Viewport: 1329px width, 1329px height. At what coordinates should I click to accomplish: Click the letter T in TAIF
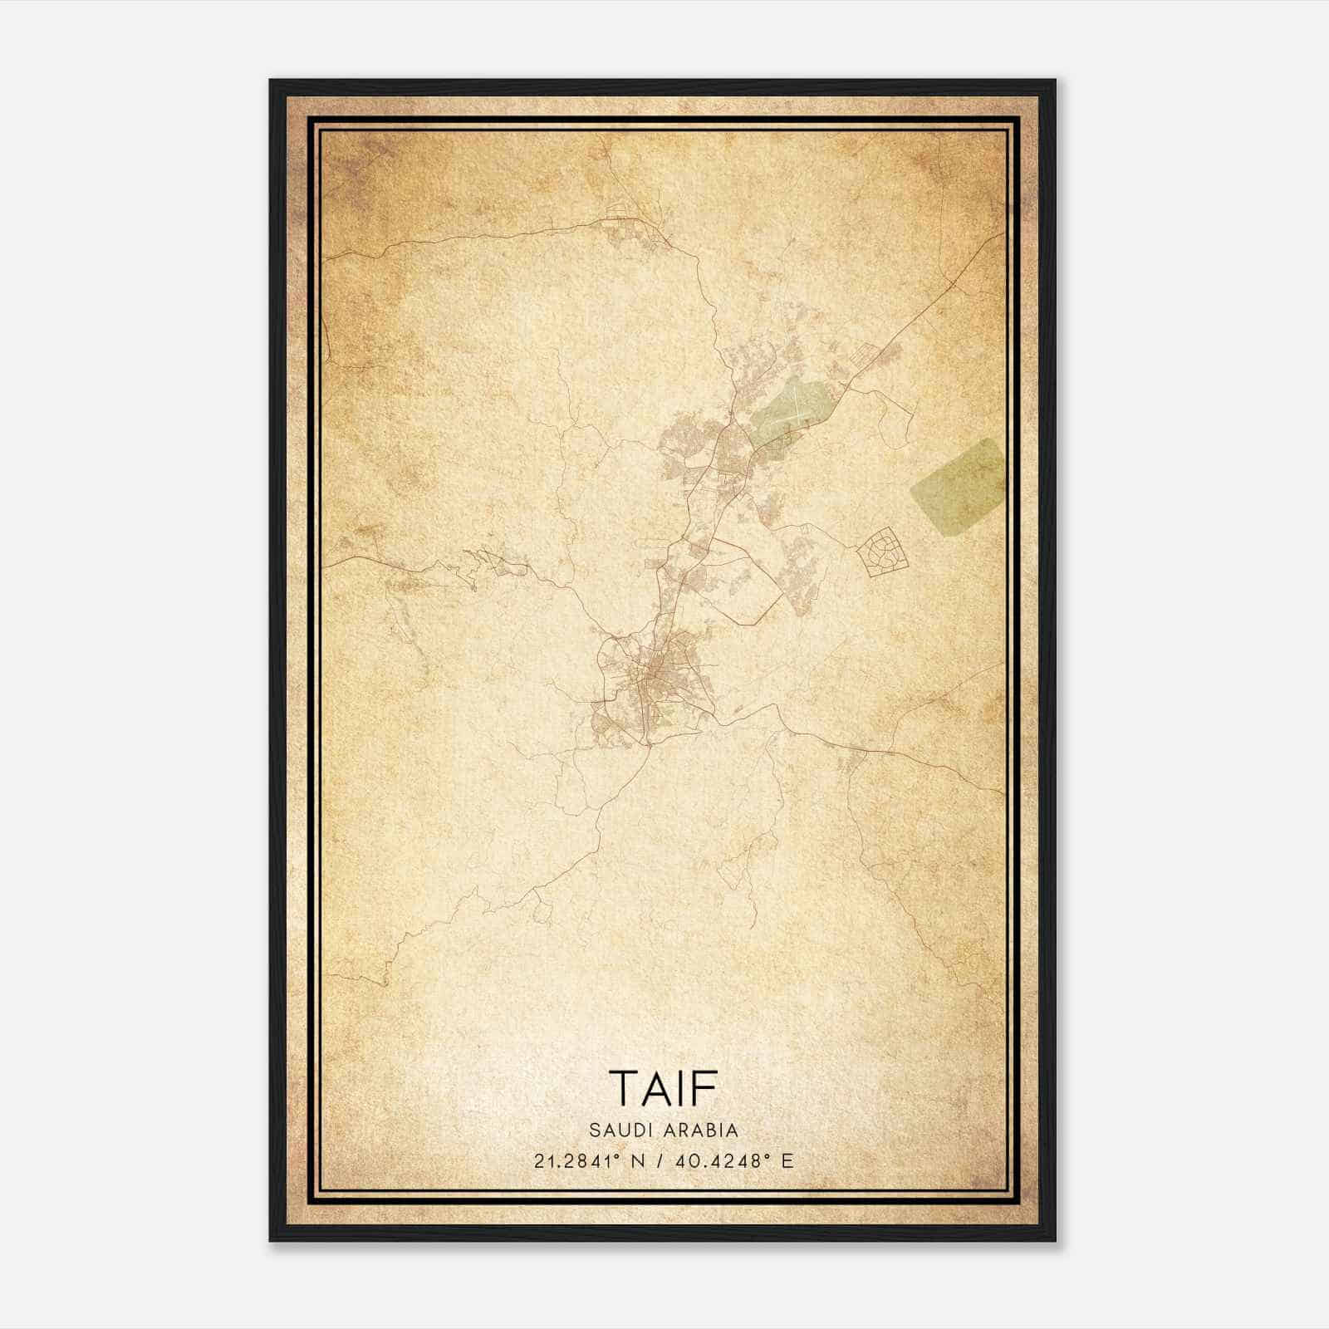(x=624, y=1088)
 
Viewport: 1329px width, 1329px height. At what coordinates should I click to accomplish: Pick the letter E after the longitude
(x=787, y=1160)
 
